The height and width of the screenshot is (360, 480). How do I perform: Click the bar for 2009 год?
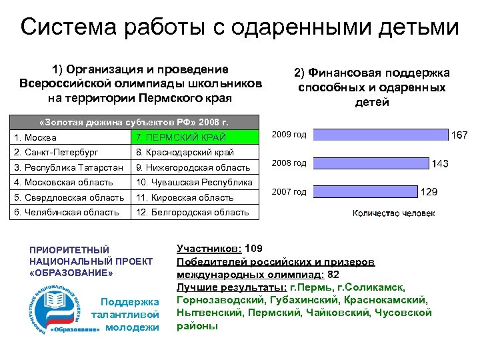(380, 135)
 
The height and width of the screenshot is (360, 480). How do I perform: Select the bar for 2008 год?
(369, 163)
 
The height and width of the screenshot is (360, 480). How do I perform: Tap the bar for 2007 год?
(364, 192)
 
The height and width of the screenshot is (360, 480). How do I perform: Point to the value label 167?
(460, 135)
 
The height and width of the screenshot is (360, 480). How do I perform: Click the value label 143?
(440, 164)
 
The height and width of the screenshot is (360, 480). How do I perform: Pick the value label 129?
(428, 192)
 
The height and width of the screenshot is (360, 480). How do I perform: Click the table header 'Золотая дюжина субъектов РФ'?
(133, 123)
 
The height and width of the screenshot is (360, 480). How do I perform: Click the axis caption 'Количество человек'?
(393, 213)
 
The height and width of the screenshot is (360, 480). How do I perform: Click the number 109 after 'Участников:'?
(245, 249)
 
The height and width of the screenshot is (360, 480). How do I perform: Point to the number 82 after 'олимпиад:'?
(333, 274)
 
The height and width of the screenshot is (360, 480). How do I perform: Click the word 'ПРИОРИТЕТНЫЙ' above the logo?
(69, 249)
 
